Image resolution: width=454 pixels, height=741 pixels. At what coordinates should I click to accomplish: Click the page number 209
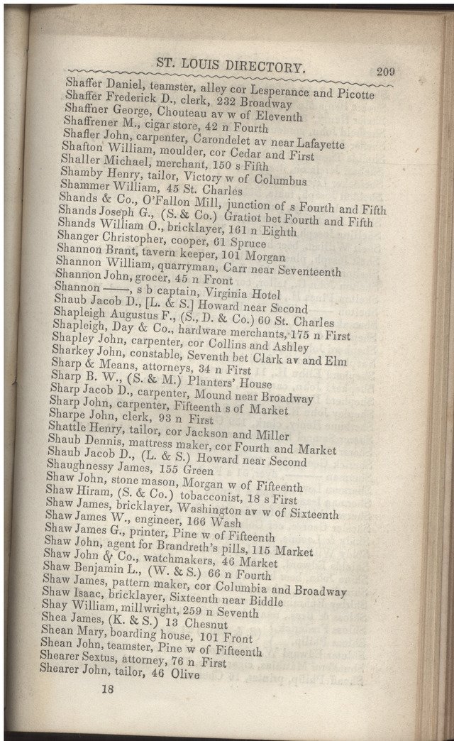pyautogui.click(x=385, y=71)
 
